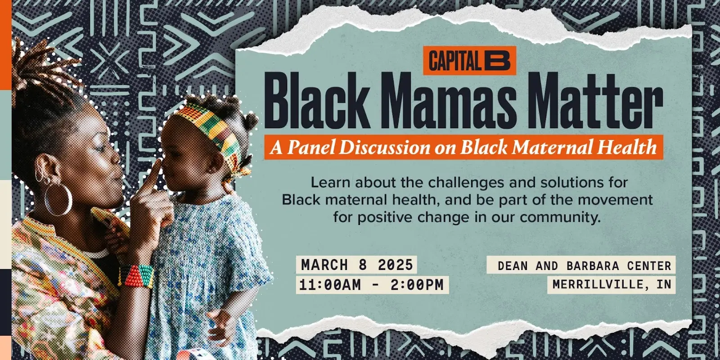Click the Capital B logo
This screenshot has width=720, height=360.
[469, 61]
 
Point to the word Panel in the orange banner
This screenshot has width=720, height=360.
[310, 147]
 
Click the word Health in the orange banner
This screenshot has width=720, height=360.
[625, 147]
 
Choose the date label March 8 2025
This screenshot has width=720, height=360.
[357, 265]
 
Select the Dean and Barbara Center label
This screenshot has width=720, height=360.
[581, 265]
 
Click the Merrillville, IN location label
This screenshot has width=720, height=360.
[612, 284]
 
